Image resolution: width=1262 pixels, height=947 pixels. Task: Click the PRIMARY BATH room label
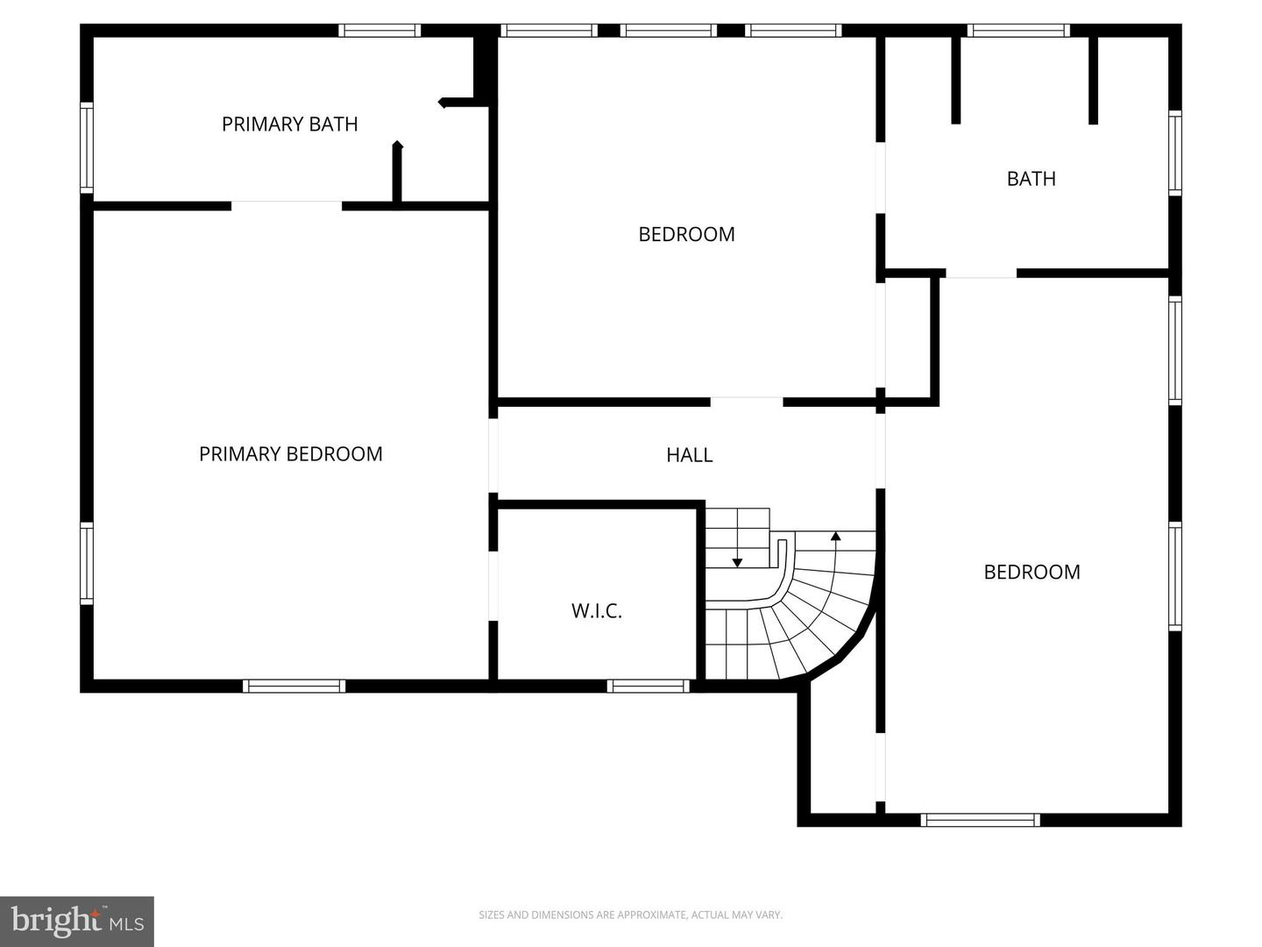289,125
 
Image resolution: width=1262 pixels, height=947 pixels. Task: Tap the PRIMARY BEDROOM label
290,454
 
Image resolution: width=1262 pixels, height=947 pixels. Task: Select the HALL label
689,455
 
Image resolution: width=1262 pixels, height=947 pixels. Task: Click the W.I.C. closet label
597,611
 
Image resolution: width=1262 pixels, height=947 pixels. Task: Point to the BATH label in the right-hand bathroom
1031,179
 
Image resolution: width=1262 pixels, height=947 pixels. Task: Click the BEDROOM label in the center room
686,234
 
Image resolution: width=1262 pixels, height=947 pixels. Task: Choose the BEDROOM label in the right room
1032,572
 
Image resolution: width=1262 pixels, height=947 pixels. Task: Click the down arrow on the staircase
738,562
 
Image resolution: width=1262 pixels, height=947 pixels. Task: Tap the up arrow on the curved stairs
835,536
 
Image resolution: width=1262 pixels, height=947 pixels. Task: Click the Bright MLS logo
77,921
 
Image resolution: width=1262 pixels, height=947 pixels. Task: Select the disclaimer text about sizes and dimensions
630,915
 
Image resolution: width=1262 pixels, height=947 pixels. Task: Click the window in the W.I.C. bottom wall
649,686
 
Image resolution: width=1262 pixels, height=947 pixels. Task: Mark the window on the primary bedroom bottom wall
294,686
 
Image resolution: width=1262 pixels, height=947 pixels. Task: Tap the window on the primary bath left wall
87,147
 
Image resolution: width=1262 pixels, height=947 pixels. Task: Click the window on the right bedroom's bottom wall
980,820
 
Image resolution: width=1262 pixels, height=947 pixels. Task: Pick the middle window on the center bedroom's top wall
668,31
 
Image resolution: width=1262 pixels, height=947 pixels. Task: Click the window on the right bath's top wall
1017,31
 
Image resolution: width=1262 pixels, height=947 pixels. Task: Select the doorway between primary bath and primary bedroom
286,206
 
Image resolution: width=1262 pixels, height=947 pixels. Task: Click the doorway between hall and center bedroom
746,402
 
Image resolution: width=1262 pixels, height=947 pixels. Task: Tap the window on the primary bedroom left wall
87,563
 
